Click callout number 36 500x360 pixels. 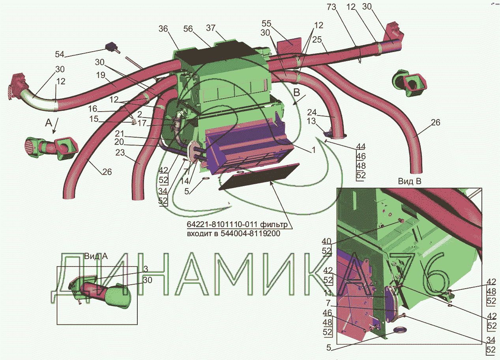click(x=163, y=29)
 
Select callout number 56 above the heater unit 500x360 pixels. click(x=188, y=29)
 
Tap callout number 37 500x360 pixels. click(x=211, y=28)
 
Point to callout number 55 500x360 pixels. click(x=267, y=23)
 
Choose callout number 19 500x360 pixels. click(x=101, y=75)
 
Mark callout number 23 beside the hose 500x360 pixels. click(x=120, y=153)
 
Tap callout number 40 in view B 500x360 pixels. click(x=326, y=241)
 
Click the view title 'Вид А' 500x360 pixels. click(x=96, y=256)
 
